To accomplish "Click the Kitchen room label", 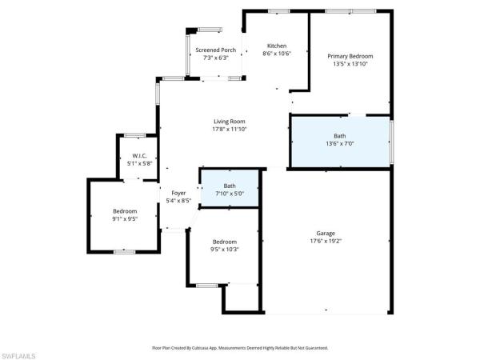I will pos(277,46).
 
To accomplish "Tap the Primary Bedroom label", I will pos(350,56).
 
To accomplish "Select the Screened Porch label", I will pos(216,50).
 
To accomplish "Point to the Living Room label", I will pos(229,121).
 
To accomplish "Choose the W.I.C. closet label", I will pos(140,155).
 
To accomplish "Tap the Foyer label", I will pos(178,193).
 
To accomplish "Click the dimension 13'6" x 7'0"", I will pos(340,144).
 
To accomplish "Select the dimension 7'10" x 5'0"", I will pos(230,194).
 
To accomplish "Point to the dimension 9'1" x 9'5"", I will pos(125,218).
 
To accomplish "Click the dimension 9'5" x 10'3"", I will pos(225,250).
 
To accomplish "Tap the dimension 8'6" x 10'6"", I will pos(277,54).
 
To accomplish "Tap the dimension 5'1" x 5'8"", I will pos(140,163).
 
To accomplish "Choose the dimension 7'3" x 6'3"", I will pos(216,58).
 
